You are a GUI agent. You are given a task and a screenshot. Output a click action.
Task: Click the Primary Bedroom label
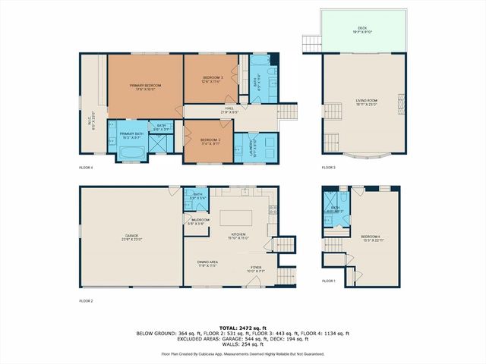(x=144, y=88)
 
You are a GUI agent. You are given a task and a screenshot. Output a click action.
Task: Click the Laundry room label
(x=254, y=144)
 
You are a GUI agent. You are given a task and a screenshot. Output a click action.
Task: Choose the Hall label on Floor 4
(x=229, y=111)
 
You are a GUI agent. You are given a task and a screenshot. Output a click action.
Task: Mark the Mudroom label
(x=200, y=221)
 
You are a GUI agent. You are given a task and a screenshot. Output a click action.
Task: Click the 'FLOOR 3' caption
(x=328, y=167)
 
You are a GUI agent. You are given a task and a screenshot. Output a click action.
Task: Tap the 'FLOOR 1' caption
(x=328, y=281)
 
